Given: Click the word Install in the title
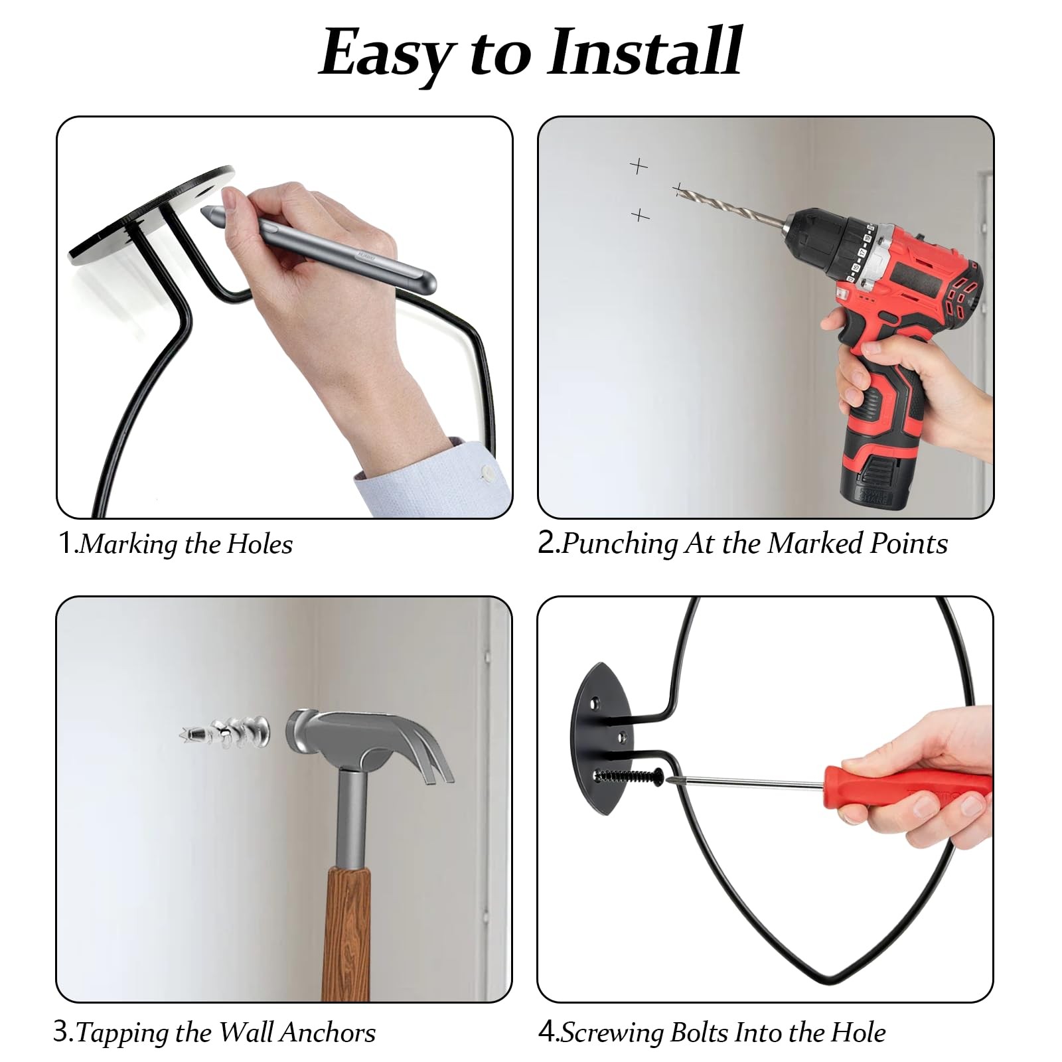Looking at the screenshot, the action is [x=644, y=52].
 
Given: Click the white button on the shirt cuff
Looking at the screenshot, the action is [x=488, y=473].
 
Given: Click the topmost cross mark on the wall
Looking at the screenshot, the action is [x=639, y=165].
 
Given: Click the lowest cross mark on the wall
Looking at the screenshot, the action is [x=639, y=214].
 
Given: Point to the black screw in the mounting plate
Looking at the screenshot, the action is [x=631, y=775].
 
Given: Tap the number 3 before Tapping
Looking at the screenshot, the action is [x=61, y=1033].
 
